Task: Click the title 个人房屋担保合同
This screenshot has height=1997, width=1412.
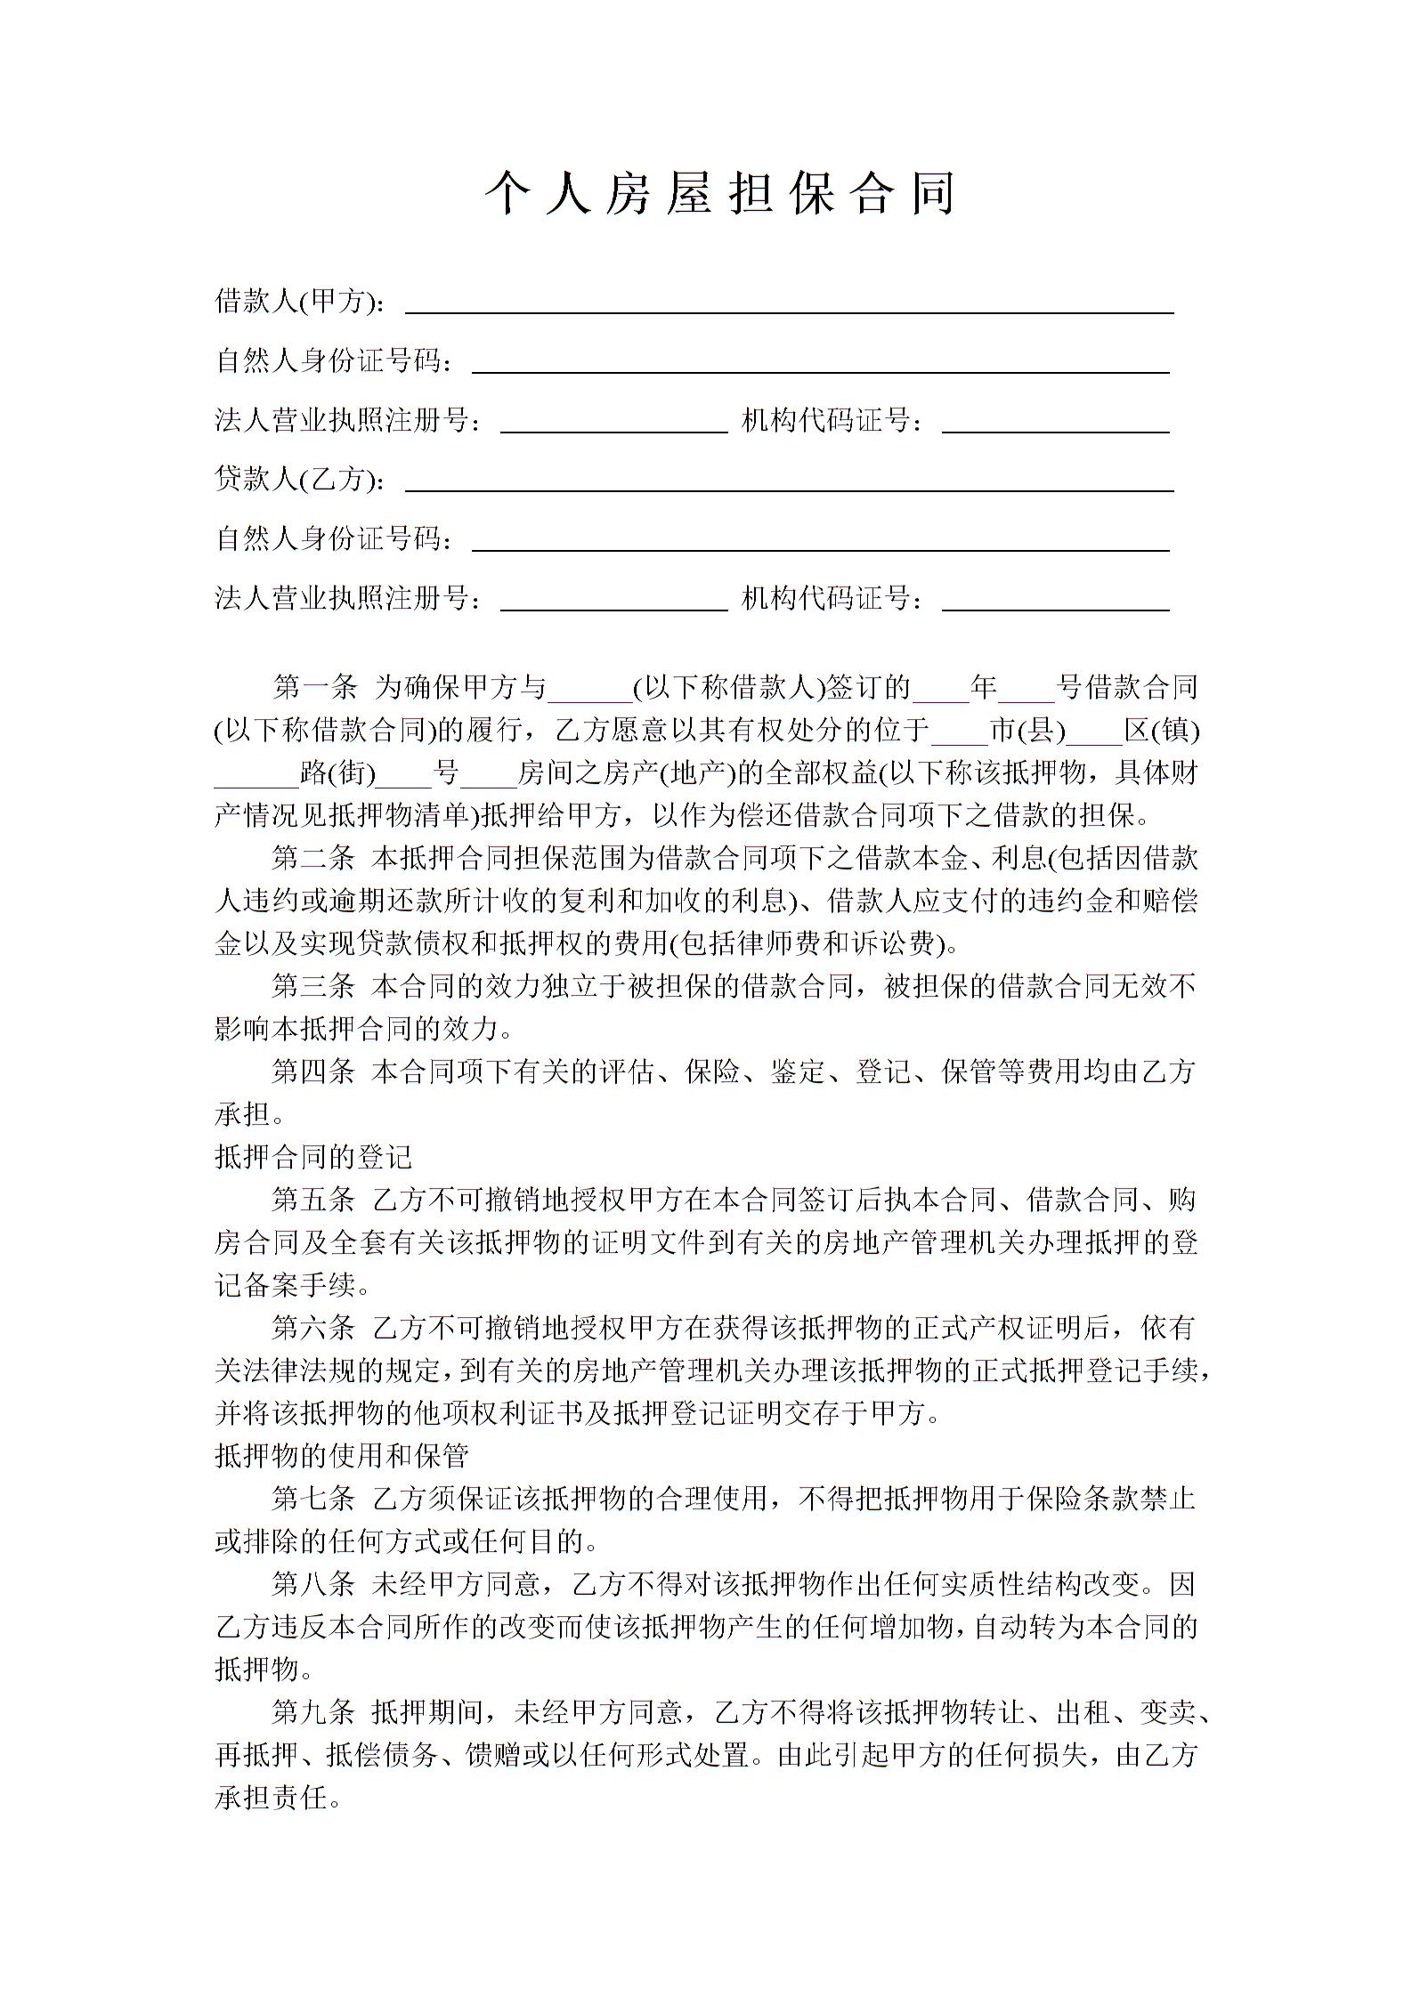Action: (x=719, y=194)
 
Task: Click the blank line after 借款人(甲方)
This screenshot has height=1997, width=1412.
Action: (x=789, y=307)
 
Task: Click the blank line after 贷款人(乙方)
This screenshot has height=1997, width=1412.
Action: (x=789, y=485)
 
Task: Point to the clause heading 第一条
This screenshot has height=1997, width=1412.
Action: (x=314, y=687)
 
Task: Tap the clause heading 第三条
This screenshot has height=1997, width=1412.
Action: (x=314, y=986)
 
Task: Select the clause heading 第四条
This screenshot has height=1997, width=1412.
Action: (x=314, y=1071)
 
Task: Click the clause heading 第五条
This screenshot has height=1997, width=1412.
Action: (x=314, y=1200)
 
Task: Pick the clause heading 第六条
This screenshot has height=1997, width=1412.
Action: (x=314, y=1328)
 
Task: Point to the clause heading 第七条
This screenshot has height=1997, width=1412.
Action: (x=314, y=1499)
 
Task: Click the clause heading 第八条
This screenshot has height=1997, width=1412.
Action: (x=314, y=1584)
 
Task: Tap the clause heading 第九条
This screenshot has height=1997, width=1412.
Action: (x=314, y=1712)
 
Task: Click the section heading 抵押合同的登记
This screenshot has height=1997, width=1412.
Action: (x=313, y=1157)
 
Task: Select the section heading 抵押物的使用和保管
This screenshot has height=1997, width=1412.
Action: (x=342, y=1456)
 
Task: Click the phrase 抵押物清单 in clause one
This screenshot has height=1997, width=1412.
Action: (x=401, y=815)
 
